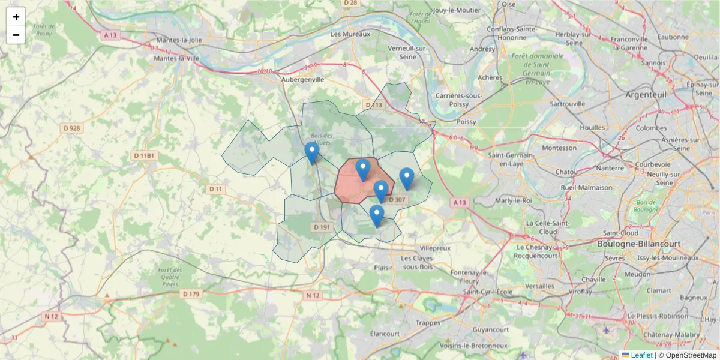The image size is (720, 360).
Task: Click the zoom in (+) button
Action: (x=16, y=17)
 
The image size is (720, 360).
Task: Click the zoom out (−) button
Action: (x=16, y=35)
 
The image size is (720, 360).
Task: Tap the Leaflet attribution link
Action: (x=641, y=355)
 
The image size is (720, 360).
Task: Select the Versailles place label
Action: (x=540, y=286)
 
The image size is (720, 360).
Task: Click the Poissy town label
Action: (x=466, y=122)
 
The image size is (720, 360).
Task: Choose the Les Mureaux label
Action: (x=351, y=34)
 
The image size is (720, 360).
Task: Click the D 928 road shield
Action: (x=71, y=128)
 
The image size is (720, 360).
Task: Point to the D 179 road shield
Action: (x=191, y=294)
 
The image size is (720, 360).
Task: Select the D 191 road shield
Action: (x=322, y=227)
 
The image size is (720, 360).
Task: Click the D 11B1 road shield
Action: (x=144, y=156)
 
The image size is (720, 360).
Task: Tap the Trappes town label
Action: (x=428, y=323)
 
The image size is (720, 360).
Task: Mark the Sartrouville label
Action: (x=567, y=104)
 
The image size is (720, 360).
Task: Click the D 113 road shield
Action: (x=373, y=106)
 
